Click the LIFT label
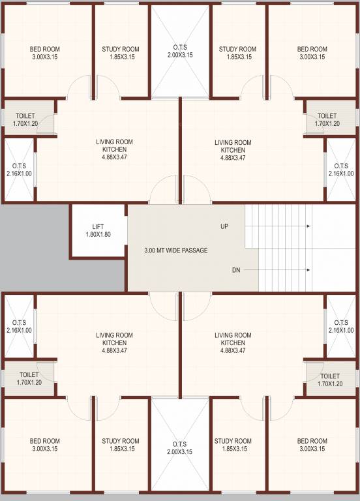(x=98, y=226)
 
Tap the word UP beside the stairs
(x=224, y=227)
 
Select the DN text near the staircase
(x=237, y=269)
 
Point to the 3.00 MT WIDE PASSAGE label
(x=175, y=250)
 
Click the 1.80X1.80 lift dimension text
(x=98, y=234)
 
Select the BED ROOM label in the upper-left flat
(x=45, y=49)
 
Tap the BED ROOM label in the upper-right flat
(x=312, y=49)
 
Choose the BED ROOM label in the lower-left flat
(x=45, y=441)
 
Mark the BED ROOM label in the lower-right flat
(x=312, y=441)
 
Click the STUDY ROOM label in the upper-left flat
(x=121, y=49)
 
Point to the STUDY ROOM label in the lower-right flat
(x=233, y=441)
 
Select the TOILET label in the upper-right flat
(x=327, y=115)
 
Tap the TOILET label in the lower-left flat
(x=29, y=375)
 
